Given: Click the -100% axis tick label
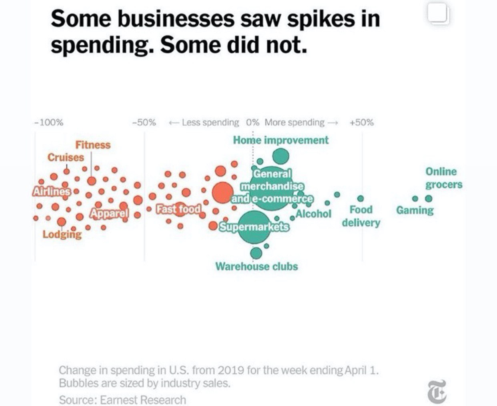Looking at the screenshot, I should [49, 122].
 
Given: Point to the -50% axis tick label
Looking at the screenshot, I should [144, 122].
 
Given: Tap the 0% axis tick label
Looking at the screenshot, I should [253, 122].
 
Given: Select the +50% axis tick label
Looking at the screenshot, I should [361, 122].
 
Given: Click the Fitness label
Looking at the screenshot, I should [93, 145].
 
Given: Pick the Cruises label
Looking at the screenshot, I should [66, 157].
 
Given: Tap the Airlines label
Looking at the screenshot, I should [51, 192].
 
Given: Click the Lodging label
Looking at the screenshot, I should [62, 234].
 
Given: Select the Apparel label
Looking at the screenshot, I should [109, 213].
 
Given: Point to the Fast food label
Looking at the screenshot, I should [178, 209].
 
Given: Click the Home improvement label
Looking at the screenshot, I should [281, 140].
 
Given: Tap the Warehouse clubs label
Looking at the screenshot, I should [257, 266].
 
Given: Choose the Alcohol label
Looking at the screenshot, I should [314, 214].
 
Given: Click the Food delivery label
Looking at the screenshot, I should [361, 216].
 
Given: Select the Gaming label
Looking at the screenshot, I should [415, 210].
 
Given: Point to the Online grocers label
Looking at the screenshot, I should [443, 178].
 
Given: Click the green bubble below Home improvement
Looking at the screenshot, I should [281, 156].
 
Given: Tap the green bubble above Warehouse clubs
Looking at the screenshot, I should [256, 252].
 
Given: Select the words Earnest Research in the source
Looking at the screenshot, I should [143, 400].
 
